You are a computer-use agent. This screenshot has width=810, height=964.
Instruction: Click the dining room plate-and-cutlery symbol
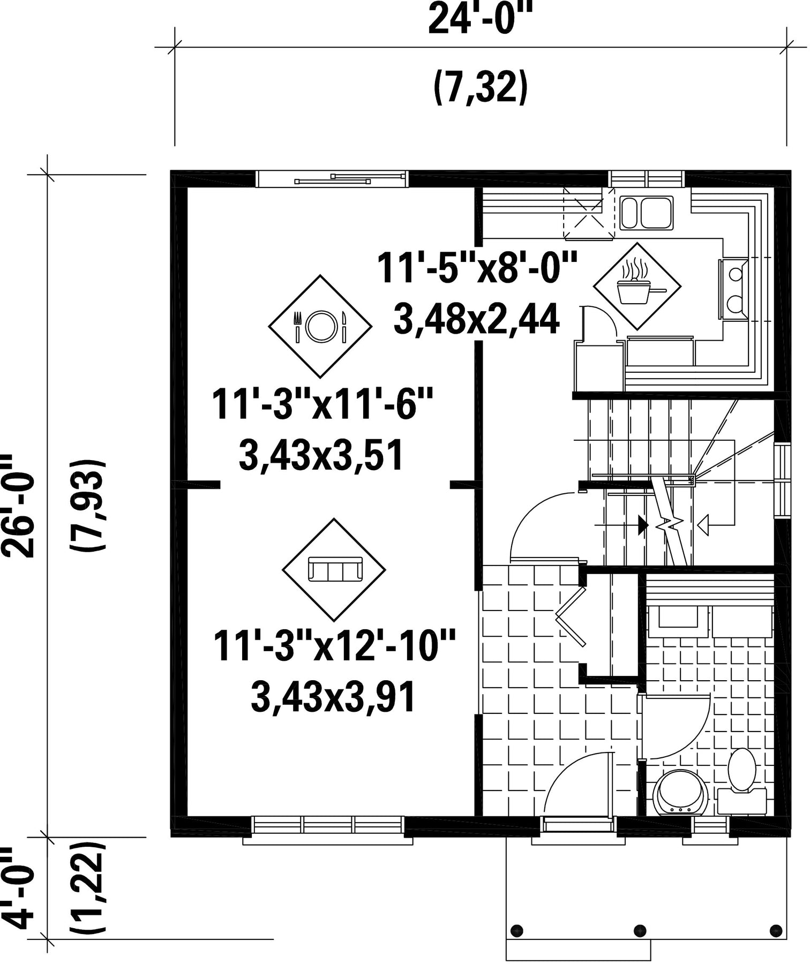[320, 326]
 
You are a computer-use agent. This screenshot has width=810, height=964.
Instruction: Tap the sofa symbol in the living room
[334, 569]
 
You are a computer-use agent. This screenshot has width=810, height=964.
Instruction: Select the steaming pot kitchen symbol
[637, 287]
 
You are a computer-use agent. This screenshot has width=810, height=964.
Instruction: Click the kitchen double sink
[647, 213]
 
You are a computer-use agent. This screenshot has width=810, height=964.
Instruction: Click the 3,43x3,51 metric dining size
[321, 456]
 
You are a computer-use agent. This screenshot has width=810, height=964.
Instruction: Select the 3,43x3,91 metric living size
[333, 698]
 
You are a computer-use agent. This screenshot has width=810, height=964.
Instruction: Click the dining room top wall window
[332, 178]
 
